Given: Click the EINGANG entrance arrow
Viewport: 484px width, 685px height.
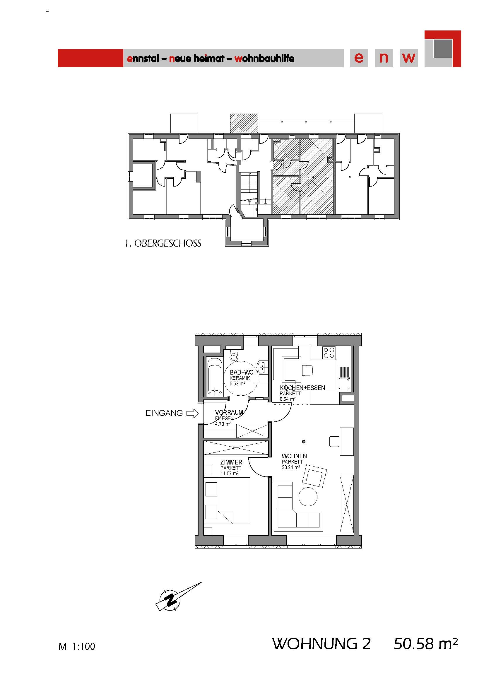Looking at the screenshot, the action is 192,413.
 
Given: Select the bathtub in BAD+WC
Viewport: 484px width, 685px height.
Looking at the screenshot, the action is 215,376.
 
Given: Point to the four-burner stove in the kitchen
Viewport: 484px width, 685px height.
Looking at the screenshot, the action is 329,353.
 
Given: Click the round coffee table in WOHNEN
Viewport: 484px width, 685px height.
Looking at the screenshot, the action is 308,496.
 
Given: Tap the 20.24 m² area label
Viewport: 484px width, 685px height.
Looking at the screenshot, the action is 291,467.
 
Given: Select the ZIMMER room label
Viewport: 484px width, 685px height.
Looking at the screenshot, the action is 231,462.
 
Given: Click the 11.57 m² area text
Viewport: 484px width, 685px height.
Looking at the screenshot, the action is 229,474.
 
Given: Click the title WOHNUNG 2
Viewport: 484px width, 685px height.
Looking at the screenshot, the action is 321,643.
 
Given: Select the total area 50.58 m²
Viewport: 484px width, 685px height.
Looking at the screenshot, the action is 425,643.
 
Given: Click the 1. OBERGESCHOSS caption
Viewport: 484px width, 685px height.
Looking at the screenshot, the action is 163,243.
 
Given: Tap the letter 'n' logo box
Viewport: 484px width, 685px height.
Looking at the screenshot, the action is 384,58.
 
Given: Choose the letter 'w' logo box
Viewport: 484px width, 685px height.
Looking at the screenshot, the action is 408,58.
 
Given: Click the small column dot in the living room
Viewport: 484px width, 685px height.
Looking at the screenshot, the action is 304,442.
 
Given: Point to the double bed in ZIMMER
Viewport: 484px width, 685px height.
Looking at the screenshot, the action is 234,500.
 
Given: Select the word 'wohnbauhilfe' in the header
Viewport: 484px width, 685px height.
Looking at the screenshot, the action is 264,58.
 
